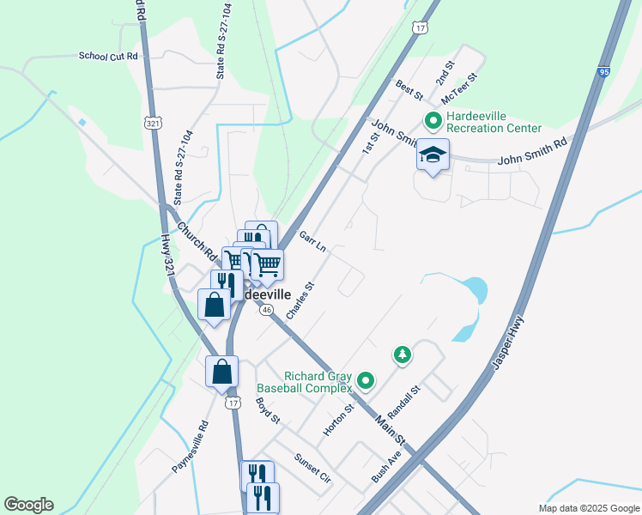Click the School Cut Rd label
point(108,57)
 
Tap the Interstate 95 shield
point(604,73)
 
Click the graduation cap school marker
point(433,155)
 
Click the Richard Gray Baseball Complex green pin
point(366,379)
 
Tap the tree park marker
point(401,354)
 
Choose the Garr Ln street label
point(312,241)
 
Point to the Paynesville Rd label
point(190,446)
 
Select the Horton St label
point(338,421)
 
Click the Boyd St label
point(268,410)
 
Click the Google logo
point(28,505)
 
